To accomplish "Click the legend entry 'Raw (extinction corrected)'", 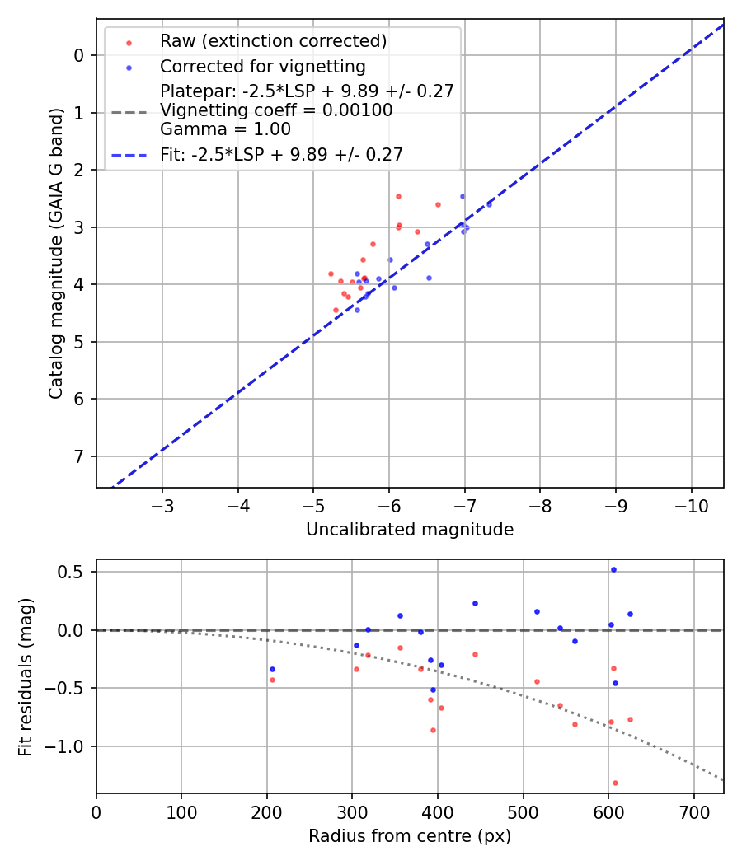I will pyautogui.click(x=273, y=41).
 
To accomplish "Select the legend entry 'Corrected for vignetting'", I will pyautogui.click(x=262, y=66).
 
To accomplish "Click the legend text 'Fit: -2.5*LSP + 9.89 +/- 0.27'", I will pyautogui.click(x=281, y=154).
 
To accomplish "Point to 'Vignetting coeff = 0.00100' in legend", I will pyautogui.click(x=276, y=110).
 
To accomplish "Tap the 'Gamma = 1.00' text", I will pyautogui.click(x=225, y=129).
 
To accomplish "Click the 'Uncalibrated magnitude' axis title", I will pyautogui.click(x=410, y=530).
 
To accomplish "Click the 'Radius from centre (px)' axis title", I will pyautogui.click(x=410, y=836).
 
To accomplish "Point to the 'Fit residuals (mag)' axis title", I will pyautogui.click(x=26, y=676).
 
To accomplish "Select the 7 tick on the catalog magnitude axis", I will pyautogui.click(x=80, y=456).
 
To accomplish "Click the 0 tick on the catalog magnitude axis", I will pyautogui.click(x=80, y=55).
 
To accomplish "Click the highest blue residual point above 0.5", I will pyautogui.click(x=613, y=569).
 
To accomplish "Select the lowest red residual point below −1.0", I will pyautogui.click(x=615, y=783).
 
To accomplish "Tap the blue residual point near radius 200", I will pyautogui.click(x=272, y=669).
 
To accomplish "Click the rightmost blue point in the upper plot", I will pyautogui.click(x=489, y=204).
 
